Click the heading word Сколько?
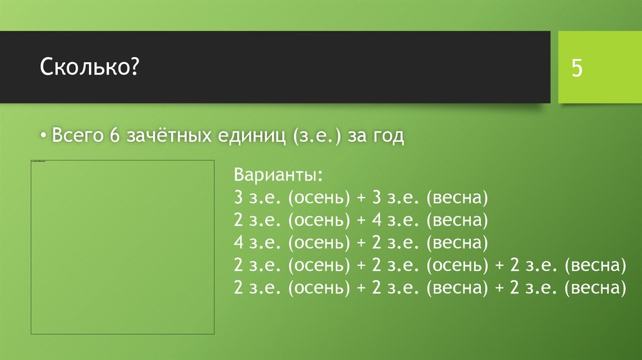coord(90,66)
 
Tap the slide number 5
coord(576,68)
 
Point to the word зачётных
coord(167,135)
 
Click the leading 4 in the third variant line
coord(238,243)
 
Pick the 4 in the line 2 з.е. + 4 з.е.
coord(376,221)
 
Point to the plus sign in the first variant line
coord(361,199)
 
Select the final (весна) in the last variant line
coord(595,287)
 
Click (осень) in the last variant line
coord(319,287)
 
